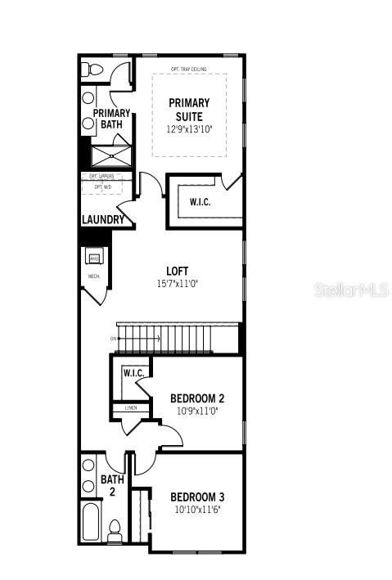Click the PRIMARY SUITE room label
coord(189,109)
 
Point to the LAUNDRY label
coord(103,219)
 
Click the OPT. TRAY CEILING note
coord(188,69)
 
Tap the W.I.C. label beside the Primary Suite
coord(200,201)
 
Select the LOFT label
coord(178,271)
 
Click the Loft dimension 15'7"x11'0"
coord(178,283)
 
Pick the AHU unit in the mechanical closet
coord(94,259)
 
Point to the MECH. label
coord(93,277)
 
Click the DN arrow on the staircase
coord(113,338)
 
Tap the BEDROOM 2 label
coord(197,398)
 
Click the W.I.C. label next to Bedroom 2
coord(133,374)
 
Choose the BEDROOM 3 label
coord(197,497)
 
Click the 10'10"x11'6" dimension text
coord(197,509)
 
